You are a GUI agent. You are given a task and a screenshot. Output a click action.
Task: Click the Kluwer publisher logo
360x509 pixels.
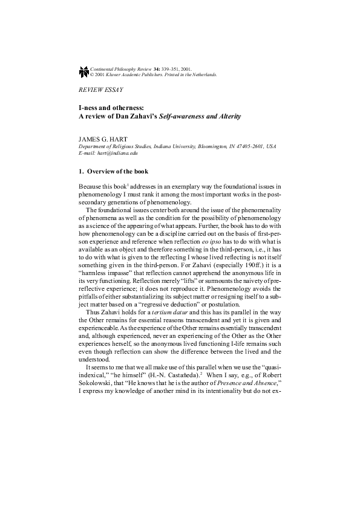[x=83, y=73]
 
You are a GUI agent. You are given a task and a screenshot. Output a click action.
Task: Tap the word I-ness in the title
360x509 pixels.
[x=89, y=107]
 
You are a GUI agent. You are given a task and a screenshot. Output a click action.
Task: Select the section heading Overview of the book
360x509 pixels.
[x=120, y=171]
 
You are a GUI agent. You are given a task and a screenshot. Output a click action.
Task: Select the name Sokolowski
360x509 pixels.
[x=100, y=383]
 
